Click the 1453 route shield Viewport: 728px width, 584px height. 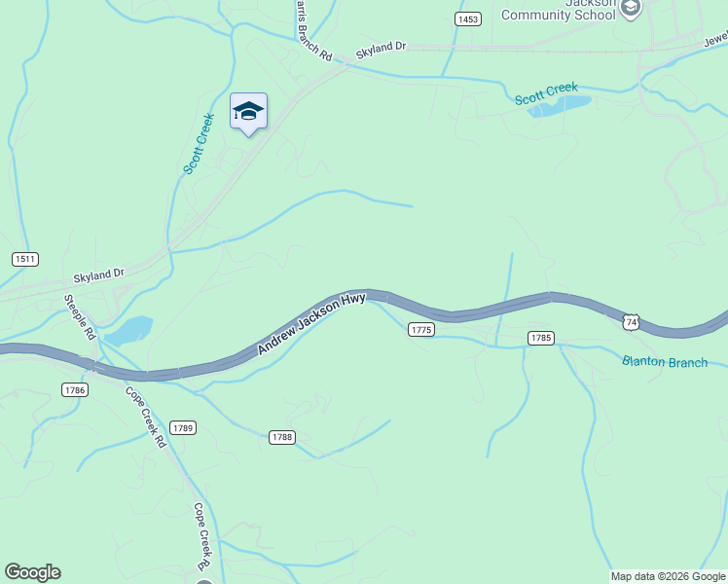tap(468, 19)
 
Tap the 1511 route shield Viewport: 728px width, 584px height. tap(25, 259)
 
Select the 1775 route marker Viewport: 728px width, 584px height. tap(420, 330)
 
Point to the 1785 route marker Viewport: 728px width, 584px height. tap(541, 338)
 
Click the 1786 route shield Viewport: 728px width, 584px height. tap(74, 389)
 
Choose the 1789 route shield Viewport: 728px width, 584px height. tap(182, 428)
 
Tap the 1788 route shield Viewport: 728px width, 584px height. tap(281, 438)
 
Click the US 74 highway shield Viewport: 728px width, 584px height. tap(632, 321)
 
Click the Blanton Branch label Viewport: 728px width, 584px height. tap(665, 362)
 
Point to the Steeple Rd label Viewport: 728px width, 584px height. tap(80, 317)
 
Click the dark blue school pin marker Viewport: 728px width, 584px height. tap(248, 112)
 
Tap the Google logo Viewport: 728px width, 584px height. tap(32, 572)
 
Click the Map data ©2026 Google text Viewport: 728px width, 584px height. tap(669, 576)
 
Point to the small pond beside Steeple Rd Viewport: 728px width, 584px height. tap(129, 331)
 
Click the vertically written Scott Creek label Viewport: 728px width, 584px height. tap(199, 144)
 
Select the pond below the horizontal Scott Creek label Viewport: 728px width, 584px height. tap(560, 106)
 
